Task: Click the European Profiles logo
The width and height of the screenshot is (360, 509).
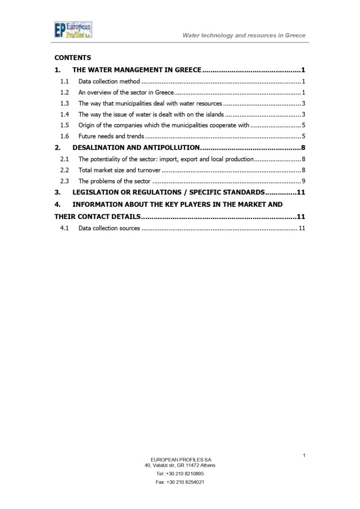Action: [x=73, y=30]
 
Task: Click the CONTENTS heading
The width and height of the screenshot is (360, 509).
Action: [x=73, y=58]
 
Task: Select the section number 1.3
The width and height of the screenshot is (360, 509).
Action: [x=65, y=103]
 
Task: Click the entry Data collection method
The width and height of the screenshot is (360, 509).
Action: [x=109, y=82]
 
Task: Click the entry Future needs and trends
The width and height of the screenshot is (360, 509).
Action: [x=111, y=136]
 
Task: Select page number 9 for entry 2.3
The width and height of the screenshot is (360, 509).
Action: [x=304, y=181]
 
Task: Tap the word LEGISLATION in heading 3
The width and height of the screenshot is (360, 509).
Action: [x=98, y=192]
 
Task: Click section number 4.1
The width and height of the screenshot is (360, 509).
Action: [x=65, y=228]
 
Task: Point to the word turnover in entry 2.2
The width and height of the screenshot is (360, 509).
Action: [x=149, y=170]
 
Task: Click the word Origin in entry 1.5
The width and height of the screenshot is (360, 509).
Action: [x=87, y=125]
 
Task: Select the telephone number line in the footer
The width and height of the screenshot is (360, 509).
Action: [x=180, y=473]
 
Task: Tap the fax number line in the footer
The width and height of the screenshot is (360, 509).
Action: [x=180, y=482]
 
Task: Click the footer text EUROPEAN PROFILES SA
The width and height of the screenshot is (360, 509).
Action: [x=180, y=459]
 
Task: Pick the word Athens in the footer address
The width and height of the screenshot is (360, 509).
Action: [x=207, y=465]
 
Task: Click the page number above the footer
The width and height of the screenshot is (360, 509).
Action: [x=304, y=455]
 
